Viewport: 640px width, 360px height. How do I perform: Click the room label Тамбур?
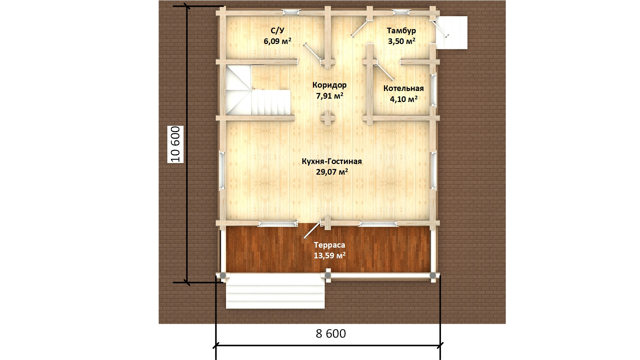[401, 31]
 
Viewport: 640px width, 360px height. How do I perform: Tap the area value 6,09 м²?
[277, 41]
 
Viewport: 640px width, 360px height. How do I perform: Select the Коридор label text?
[329, 85]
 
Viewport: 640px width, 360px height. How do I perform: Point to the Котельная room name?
[403, 88]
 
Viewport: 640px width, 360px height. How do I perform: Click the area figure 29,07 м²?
[332, 172]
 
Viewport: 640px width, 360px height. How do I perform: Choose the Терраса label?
[329, 245]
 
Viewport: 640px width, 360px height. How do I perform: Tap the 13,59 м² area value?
[329, 256]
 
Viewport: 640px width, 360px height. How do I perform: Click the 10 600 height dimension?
[175, 144]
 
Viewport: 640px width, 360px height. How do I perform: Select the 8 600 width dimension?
[331, 334]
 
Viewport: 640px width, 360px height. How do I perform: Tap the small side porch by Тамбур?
[451, 33]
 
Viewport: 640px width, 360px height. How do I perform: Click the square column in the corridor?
[328, 118]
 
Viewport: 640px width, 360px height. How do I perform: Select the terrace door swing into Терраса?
[312, 230]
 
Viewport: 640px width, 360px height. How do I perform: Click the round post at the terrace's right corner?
[433, 275]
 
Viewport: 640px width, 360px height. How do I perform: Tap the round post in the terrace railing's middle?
[328, 275]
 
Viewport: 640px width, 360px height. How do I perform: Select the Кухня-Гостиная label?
[332, 161]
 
